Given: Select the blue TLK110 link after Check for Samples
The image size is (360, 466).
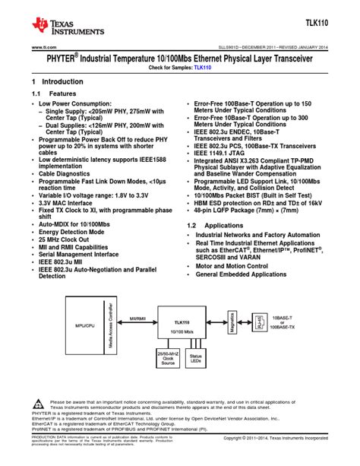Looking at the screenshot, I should point(203,68).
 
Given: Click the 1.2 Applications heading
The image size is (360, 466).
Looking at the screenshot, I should point(214,227).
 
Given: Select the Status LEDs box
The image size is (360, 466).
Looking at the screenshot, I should point(195,359).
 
